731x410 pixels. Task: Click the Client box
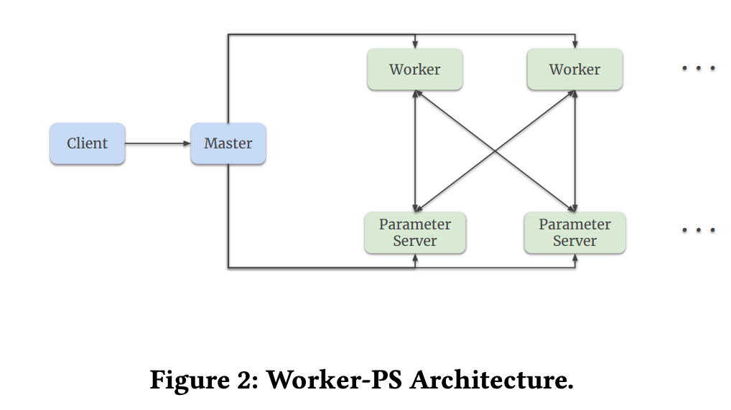(87, 143)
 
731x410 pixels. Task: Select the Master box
(228, 143)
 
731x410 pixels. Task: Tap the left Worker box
(414, 70)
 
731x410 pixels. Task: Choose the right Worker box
(574, 70)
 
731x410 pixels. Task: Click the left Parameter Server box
(414, 232)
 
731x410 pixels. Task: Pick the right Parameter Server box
(574, 232)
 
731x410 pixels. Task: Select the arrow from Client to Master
(157, 143)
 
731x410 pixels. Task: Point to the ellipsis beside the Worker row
(698, 68)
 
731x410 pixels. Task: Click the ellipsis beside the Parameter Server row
(698, 230)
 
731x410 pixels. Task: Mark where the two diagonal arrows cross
(495, 151)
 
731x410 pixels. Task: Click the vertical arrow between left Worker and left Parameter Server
(415, 151)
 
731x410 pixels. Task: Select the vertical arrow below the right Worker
(575, 151)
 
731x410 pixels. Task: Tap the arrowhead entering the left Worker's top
(415, 45)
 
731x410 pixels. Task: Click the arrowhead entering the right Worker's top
(575, 45)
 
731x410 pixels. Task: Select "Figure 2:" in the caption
(203, 380)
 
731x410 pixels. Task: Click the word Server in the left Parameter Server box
(414, 241)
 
